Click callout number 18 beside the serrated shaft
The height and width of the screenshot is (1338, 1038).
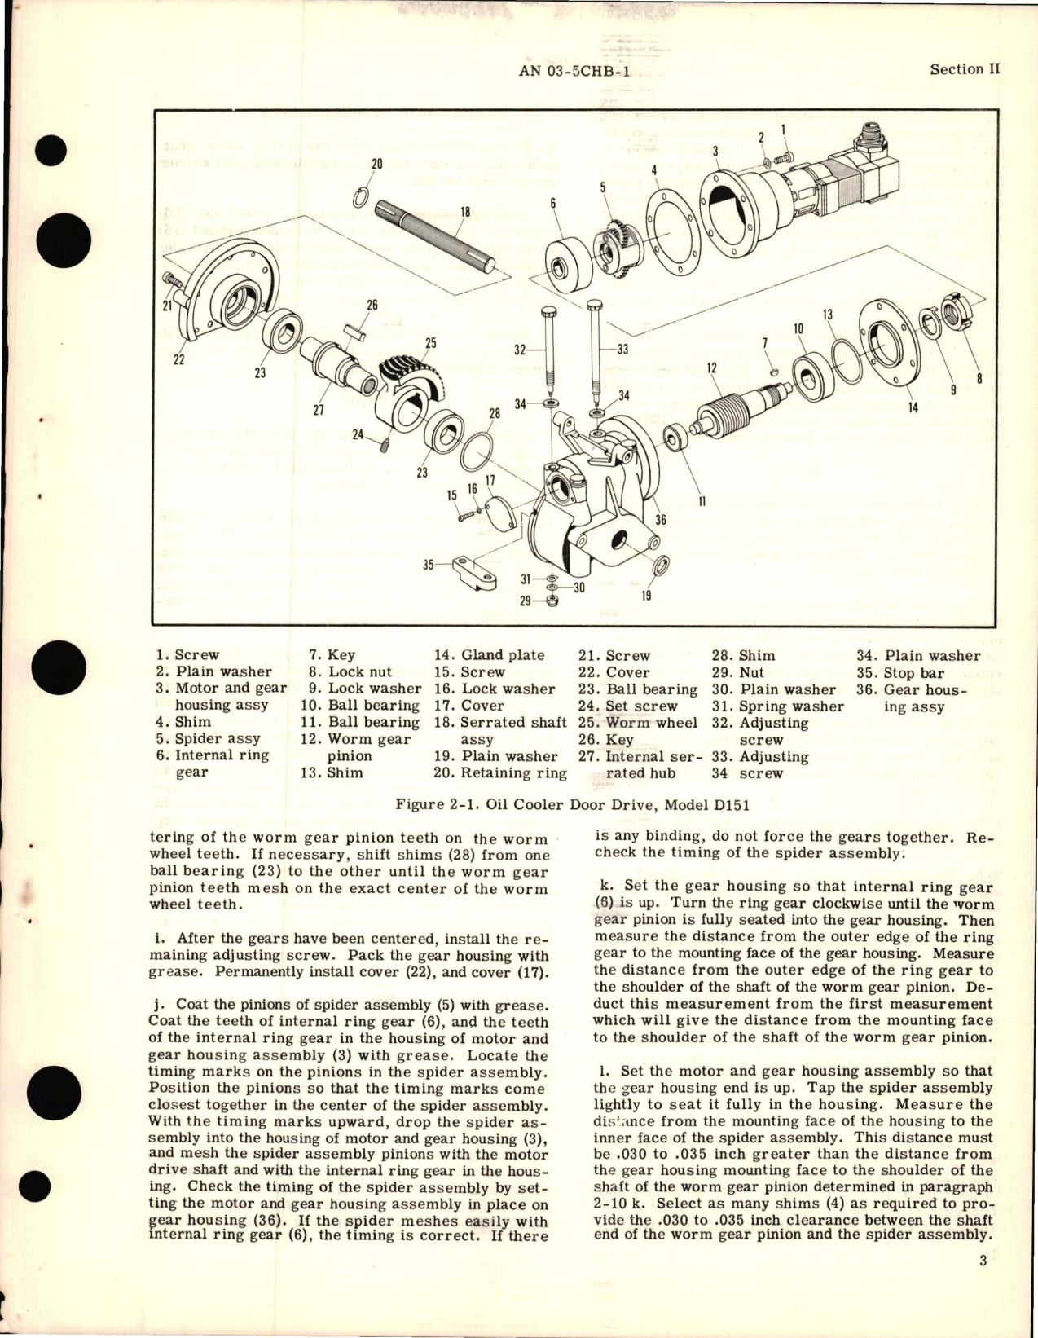point(465,213)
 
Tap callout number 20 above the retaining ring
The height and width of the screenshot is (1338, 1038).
point(376,163)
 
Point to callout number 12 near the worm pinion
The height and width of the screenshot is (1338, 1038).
point(711,368)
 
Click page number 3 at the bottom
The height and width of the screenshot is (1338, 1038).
point(983,1285)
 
